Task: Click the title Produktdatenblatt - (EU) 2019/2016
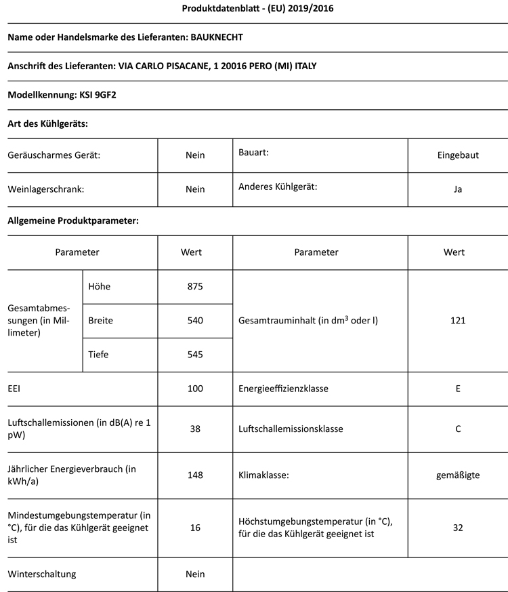(257, 9)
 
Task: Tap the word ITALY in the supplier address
(301, 66)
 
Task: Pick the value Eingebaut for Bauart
(458, 155)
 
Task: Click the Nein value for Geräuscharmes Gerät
(195, 155)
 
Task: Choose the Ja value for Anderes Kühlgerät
(458, 189)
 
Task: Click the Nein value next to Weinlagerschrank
(195, 189)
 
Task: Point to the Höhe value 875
(195, 286)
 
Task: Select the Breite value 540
(195, 320)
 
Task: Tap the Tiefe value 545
(195, 354)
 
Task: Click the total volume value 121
(458, 320)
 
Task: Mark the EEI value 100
(195, 390)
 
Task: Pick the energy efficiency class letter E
(459, 390)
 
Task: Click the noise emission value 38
(195, 429)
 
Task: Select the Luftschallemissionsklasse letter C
(459, 429)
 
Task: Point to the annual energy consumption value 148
(195, 475)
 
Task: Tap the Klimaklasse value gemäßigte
(458, 475)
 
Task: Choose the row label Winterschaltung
(42, 574)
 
